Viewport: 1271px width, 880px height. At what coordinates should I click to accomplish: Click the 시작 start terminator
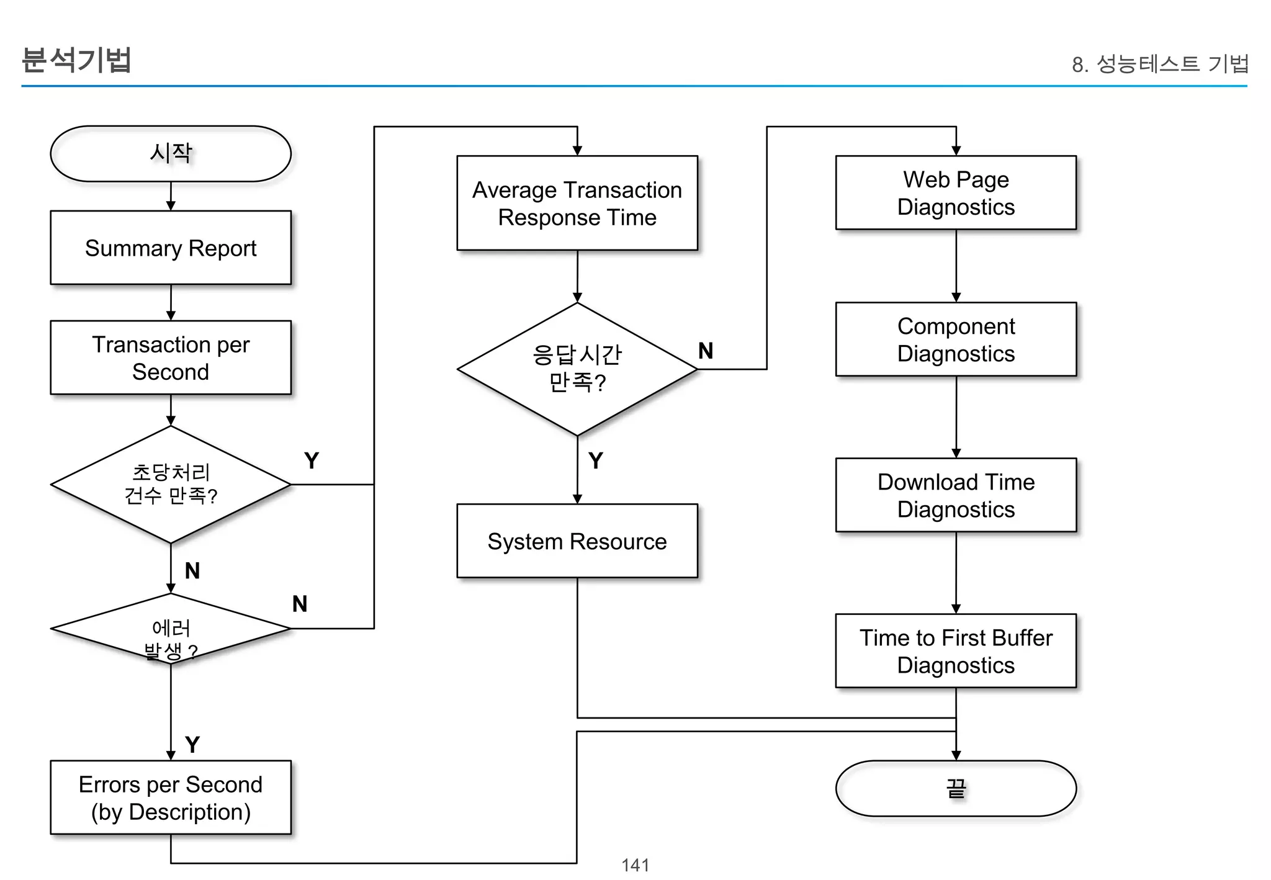171,153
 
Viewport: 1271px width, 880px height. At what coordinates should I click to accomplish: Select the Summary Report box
171,248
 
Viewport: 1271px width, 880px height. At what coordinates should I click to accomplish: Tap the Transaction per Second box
171,357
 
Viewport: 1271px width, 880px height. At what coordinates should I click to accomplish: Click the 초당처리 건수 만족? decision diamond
171,484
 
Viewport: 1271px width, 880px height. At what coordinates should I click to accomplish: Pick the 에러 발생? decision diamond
171,629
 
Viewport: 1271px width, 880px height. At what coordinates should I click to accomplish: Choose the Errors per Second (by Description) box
171,797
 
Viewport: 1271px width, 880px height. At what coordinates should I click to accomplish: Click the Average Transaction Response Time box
577,203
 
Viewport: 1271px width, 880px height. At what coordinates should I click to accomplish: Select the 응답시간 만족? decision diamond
577,369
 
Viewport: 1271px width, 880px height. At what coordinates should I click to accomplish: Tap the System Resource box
577,541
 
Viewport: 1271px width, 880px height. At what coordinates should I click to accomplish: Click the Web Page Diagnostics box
956,192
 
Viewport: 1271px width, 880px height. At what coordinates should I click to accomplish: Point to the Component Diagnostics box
956,339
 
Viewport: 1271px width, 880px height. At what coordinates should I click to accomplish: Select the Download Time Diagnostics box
956,495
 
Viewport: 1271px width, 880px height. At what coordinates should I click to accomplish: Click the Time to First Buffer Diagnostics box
956,651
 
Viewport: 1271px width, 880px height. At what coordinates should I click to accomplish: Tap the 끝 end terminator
956,788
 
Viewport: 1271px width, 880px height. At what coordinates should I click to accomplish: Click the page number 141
635,864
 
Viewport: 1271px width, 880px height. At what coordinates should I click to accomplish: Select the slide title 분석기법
76,60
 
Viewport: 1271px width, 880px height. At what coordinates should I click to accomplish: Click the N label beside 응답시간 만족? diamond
706,351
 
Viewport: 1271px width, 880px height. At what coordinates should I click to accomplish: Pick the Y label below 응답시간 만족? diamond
596,460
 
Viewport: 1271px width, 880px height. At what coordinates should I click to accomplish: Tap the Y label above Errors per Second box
192,744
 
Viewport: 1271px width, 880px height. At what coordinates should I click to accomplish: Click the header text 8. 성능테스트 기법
1159,63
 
